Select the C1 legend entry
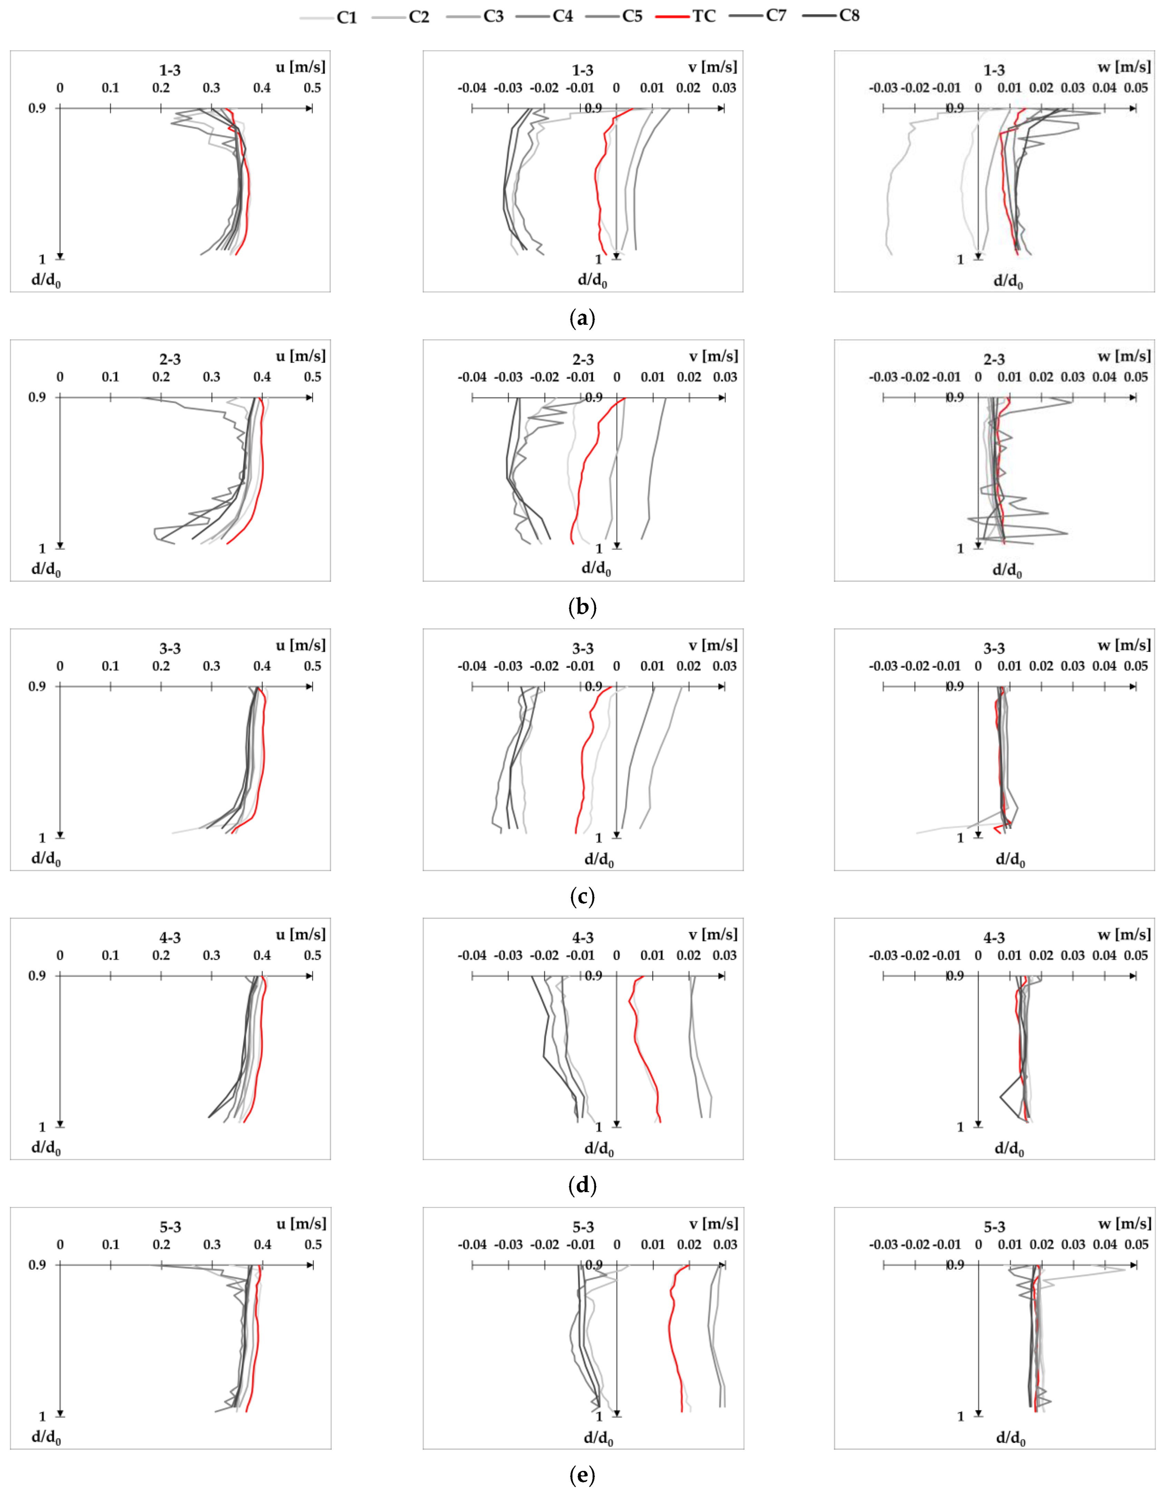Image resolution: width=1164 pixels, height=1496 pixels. tap(347, 17)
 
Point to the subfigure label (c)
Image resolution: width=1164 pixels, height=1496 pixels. tap(582, 896)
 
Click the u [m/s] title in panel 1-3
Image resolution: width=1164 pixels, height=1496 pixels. tap(301, 67)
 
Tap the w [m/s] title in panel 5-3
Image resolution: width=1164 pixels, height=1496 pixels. tap(1124, 1223)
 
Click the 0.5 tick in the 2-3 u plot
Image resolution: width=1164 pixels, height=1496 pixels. tap(312, 377)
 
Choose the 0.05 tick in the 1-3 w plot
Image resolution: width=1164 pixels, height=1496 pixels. tap(1136, 88)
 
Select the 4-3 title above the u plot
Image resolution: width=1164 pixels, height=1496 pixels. tap(170, 938)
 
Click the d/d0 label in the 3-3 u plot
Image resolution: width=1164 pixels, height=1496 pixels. tap(46, 859)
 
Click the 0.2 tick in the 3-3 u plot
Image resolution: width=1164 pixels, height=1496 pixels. tap(161, 666)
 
